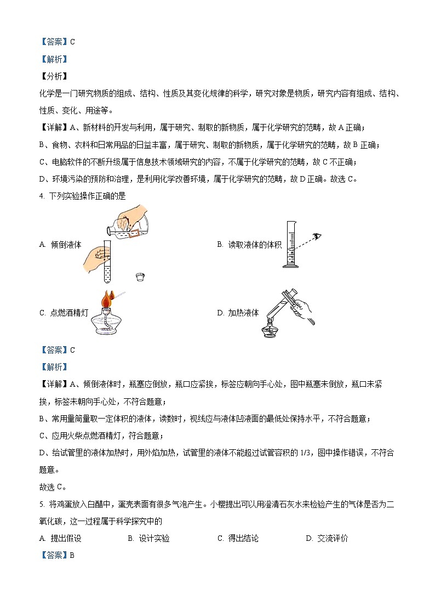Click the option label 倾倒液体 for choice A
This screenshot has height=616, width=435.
point(66,245)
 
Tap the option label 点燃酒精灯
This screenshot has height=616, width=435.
point(68,313)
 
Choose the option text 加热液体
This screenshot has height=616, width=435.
point(244,313)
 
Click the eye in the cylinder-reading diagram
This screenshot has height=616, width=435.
point(317,236)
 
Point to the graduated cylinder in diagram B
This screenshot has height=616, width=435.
point(290,244)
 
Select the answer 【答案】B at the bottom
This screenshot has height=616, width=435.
point(57,556)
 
